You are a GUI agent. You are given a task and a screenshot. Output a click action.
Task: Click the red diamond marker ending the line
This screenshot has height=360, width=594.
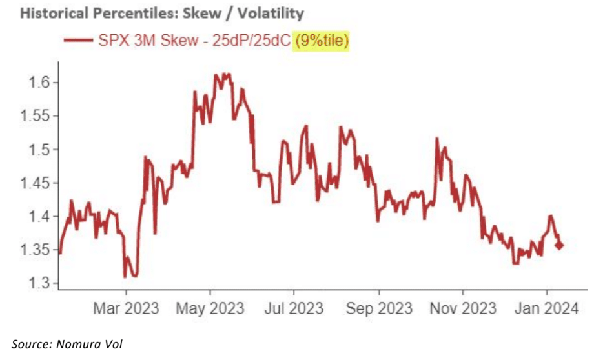click(558, 245)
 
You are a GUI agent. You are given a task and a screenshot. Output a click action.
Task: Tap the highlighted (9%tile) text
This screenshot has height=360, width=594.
click(322, 41)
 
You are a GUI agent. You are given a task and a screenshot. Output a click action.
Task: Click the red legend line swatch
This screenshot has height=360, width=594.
click(78, 42)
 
